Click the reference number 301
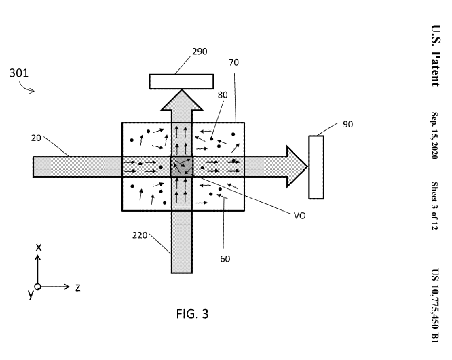(19, 73)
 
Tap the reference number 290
(200, 52)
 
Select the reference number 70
(233, 62)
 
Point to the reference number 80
(223, 95)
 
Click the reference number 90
(348, 125)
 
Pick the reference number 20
(36, 138)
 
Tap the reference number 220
(140, 235)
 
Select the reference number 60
(225, 259)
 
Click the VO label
(300, 216)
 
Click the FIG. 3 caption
(192, 314)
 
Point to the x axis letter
(39, 247)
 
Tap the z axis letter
(77, 287)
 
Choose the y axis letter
(31, 294)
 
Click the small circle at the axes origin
(37, 287)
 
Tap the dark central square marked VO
(182, 167)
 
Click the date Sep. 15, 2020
(435, 136)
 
